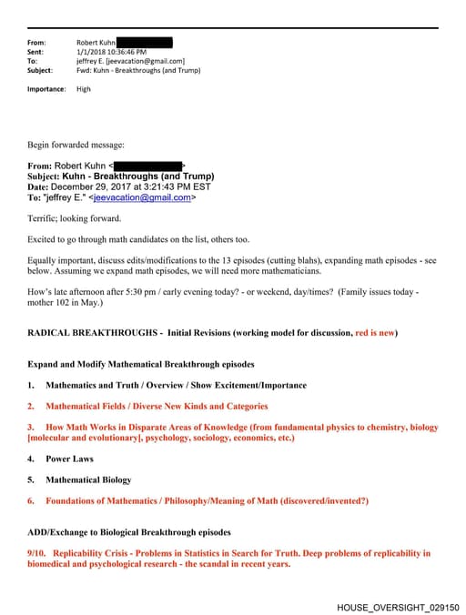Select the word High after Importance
84,89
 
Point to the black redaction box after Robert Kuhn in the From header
145,43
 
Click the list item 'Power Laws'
70,459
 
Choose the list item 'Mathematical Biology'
88,479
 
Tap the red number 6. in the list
31,500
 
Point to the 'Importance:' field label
46,89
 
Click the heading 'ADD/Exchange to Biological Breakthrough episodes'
129,532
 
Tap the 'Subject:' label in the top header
40,70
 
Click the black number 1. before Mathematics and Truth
31,385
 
